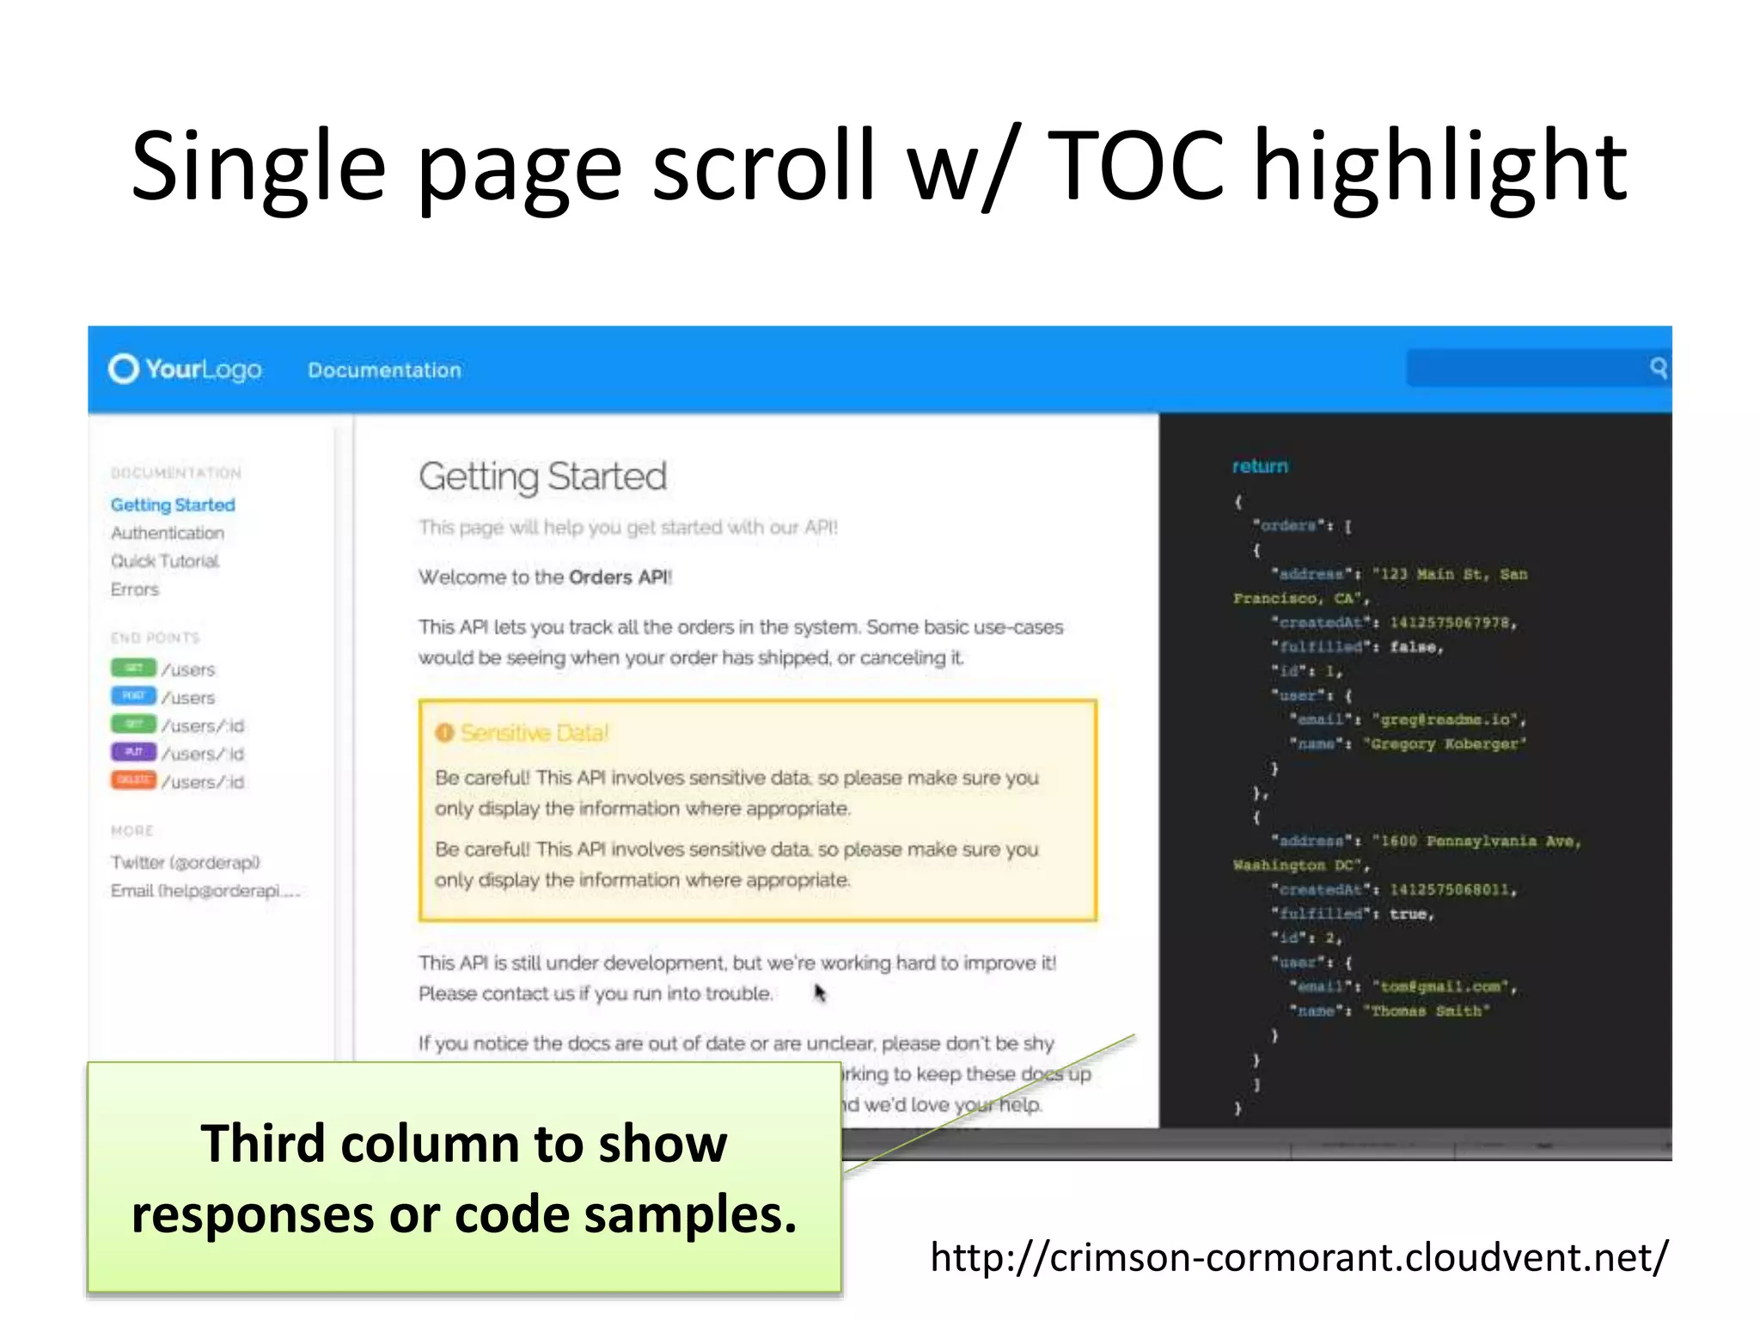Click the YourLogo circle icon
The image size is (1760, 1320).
coord(123,369)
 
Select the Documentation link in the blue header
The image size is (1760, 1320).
coord(384,370)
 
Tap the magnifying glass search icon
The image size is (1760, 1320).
coord(1658,368)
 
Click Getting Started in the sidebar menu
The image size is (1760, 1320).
coord(173,504)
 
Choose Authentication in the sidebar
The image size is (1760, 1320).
coord(168,533)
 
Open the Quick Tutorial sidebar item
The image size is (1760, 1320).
coord(165,561)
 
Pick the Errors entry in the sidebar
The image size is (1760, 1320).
coord(135,590)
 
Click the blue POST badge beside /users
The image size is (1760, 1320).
coord(133,695)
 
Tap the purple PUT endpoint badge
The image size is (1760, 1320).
coord(133,752)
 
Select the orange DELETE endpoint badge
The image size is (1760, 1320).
coord(133,780)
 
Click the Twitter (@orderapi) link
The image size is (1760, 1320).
coord(186,862)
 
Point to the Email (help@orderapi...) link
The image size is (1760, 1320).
coord(205,890)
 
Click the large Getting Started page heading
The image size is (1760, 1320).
coord(542,477)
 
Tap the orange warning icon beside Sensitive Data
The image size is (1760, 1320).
coord(444,733)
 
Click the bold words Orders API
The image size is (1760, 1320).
coord(619,577)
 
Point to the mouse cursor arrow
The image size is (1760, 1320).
coord(819,993)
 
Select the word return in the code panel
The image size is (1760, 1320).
coord(1260,466)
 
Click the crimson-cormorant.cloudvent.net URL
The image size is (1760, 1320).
coord(1299,1257)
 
